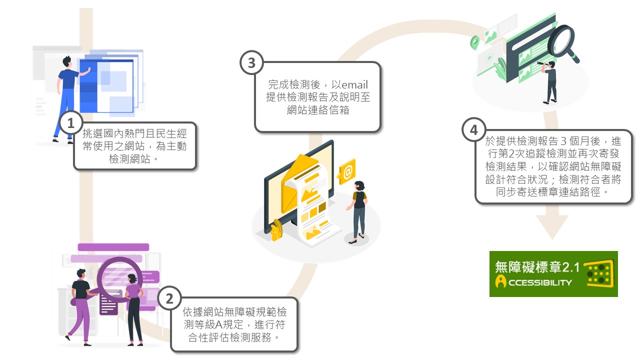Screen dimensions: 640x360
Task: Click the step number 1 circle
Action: (70, 123)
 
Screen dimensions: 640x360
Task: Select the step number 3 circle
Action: (251, 63)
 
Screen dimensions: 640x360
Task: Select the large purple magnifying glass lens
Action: (115, 277)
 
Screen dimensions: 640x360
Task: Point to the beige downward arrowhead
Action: (552, 227)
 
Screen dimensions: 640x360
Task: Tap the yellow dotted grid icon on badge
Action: (599, 273)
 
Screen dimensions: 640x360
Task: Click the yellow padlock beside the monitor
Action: (275, 230)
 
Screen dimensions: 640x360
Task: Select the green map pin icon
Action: (474, 42)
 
